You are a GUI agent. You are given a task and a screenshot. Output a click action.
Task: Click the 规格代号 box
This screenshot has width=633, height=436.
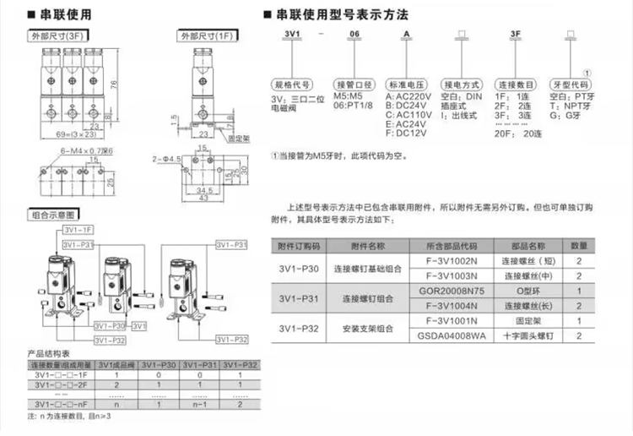(x=289, y=84)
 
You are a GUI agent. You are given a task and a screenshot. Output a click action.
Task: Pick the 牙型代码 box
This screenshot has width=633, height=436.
(x=571, y=84)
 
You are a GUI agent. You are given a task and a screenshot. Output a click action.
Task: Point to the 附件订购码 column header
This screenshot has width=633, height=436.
(x=300, y=246)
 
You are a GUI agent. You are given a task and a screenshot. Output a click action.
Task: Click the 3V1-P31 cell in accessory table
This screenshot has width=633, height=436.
(x=299, y=298)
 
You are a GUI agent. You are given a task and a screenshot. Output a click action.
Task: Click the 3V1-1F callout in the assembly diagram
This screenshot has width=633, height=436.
(x=77, y=231)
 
